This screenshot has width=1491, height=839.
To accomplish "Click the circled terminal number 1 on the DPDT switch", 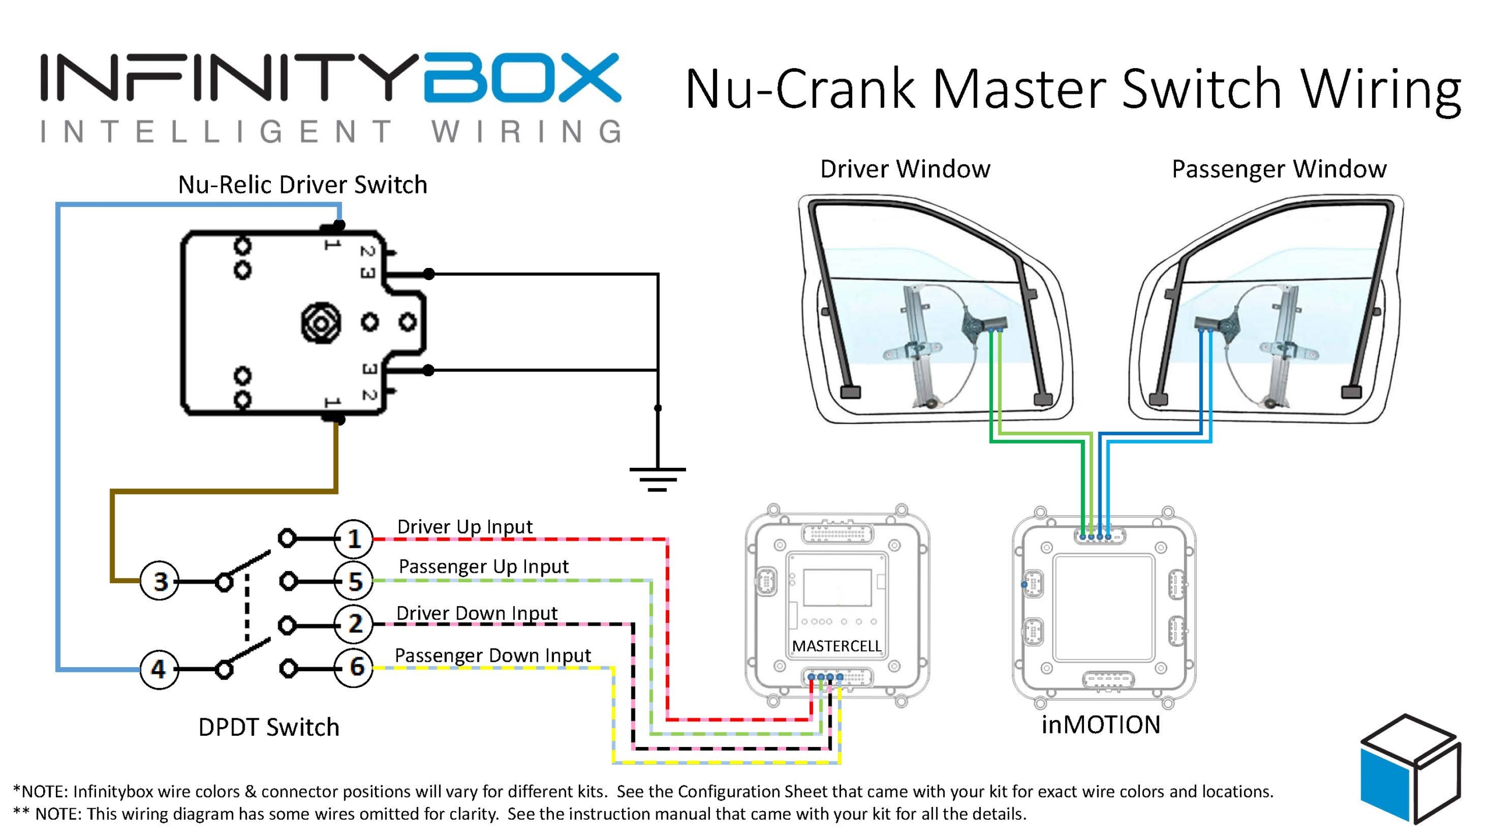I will [354, 539].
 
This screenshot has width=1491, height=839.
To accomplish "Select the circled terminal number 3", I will [160, 581].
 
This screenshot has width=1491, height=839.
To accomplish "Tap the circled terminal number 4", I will [159, 669].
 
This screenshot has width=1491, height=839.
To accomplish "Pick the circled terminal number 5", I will [354, 581].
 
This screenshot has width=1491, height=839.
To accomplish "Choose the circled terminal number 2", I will [354, 624].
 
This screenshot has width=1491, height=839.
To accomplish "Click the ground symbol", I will [658, 479].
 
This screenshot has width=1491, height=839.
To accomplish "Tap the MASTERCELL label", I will [836, 646].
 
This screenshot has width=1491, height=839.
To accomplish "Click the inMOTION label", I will [1101, 725].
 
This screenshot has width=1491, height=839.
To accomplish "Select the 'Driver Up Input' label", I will [465, 527].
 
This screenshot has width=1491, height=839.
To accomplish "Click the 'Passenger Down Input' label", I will [493, 655].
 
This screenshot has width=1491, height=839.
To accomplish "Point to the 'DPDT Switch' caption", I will [268, 727].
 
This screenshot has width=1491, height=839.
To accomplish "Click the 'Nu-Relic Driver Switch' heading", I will [302, 185].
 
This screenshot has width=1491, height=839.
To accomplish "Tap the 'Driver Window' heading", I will [905, 169].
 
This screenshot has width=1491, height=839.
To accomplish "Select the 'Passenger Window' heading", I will [1279, 169].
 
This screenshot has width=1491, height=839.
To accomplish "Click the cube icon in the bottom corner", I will [1410, 768].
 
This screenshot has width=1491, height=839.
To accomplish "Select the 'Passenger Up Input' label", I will [483, 566].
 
